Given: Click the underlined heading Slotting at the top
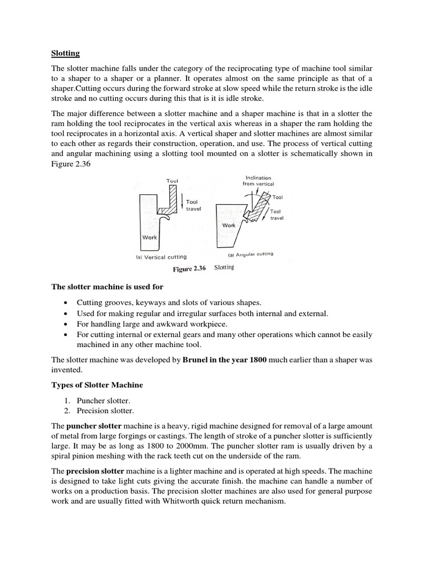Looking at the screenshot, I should pyautogui.click(x=65, y=54).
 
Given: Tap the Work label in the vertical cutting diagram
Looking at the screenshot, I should pyautogui.click(x=150, y=237).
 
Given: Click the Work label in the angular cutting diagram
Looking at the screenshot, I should pyautogui.click(x=229, y=225).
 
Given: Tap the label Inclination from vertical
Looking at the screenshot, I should pyautogui.click(x=258, y=181).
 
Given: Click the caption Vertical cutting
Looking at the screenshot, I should pyautogui.click(x=161, y=257).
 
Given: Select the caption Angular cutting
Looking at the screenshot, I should pyautogui.click(x=250, y=254).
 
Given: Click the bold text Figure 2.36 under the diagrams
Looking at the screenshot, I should pyautogui.click(x=189, y=269).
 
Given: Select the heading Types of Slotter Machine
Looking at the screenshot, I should pyautogui.click(x=92, y=384).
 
